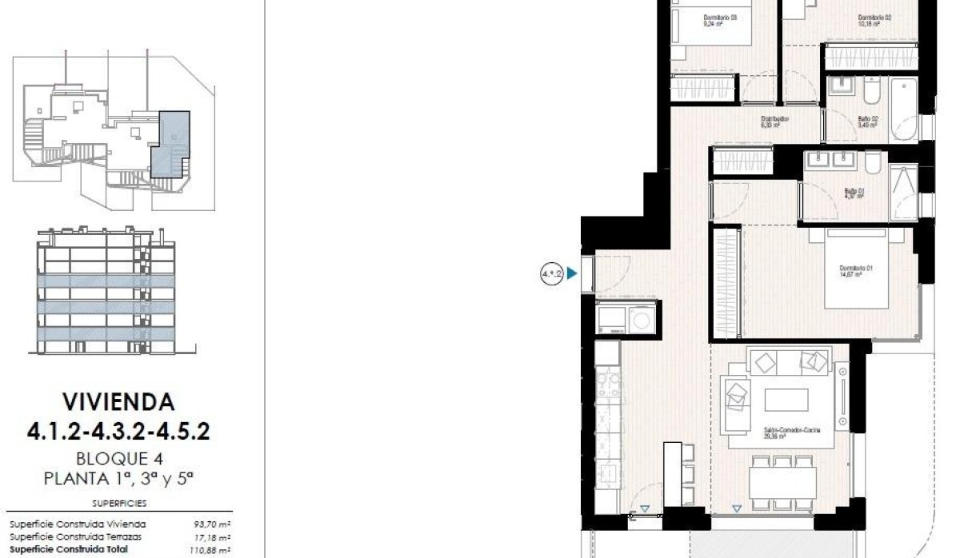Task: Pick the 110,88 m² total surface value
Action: pos(211,551)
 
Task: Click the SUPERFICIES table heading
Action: pos(119,504)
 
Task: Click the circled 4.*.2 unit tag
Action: pos(551,275)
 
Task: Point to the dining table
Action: pos(782,482)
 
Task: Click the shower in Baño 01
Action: pos(904,192)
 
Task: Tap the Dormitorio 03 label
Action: pos(720,19)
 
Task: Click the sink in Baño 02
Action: pos(841,88)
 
